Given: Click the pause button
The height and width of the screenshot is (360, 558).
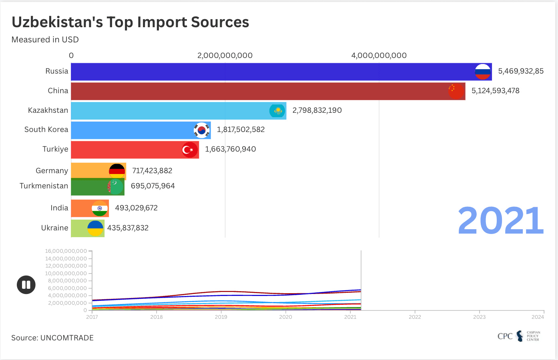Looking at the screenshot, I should click(x=26, y=285).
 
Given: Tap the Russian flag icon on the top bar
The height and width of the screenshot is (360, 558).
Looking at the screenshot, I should click(x=483, y=72).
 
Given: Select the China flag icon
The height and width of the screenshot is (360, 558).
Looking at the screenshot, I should click(x=456, y=91).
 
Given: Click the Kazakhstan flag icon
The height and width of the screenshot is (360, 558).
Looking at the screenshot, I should click(x=277, y=111).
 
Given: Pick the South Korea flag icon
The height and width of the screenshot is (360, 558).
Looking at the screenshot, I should click(x=202, y=130).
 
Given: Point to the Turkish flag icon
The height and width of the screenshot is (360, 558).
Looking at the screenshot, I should click(x=190, y=150).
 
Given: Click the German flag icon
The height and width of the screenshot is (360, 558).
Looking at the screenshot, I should click(x=117, y=171).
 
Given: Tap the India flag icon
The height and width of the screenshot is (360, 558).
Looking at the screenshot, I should click(x=100, y=208).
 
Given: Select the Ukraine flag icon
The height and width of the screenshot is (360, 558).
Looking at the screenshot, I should click(x=95, y=228).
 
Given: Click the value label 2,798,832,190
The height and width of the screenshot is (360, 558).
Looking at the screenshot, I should click(x=317, y=110).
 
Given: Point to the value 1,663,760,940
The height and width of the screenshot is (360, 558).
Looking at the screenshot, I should click(x=231, y=149).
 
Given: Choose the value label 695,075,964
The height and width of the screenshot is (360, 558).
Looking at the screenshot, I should click(x=153, y=186).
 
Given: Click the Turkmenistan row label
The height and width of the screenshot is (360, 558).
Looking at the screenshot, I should click(x=44, y=186).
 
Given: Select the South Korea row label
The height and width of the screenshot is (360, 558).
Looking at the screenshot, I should click(x=46, y=130).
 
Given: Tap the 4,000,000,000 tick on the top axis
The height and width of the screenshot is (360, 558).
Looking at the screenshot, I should click(x=379, y=56).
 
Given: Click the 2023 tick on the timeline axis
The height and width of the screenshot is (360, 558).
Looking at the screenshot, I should click(x=479, y=317).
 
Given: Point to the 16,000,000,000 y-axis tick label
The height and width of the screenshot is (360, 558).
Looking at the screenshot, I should click(x=66, y=251).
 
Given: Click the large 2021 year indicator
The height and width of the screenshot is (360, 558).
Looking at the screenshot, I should click(x=500, y=221).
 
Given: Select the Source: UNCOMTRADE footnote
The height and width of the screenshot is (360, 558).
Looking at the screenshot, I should click(x=52, y=338).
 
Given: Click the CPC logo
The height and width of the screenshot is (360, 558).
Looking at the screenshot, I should click(x=519, y=336).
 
